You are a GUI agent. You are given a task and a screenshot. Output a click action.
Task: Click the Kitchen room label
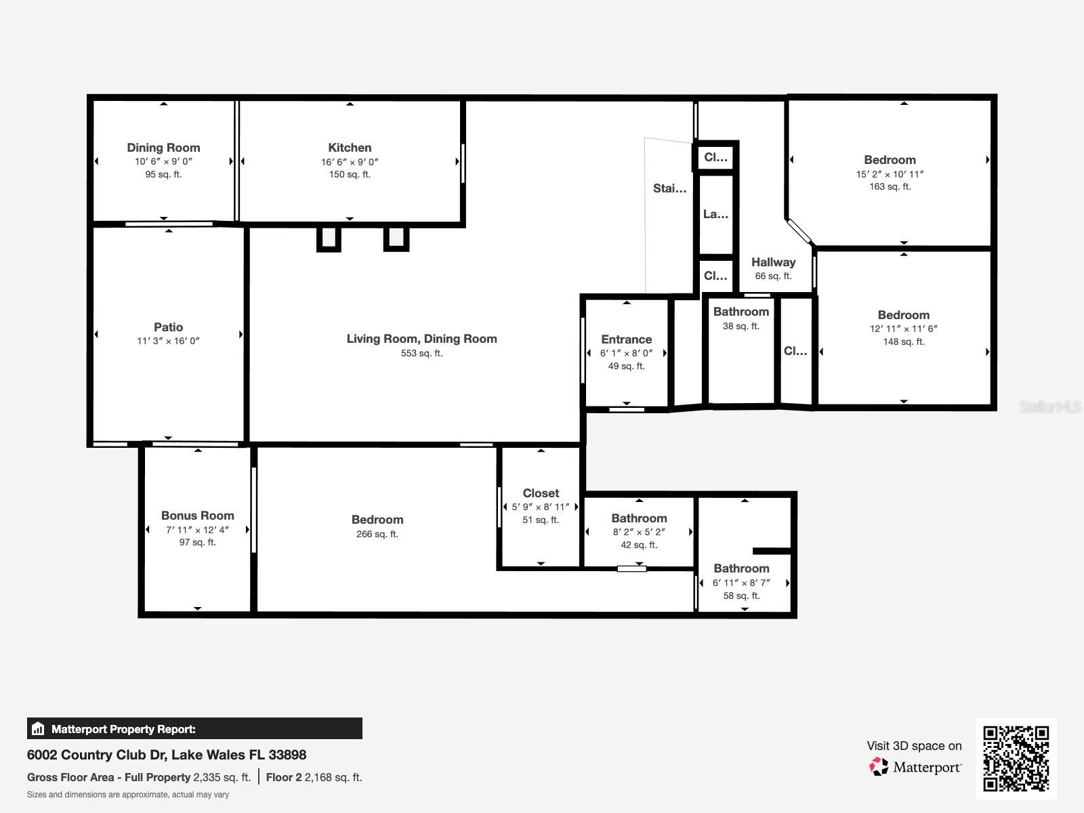[x=350, y=148]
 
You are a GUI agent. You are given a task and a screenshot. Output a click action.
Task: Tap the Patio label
[x=169, y=327]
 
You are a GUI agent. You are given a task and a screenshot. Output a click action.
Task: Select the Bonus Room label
[x=198, y=516]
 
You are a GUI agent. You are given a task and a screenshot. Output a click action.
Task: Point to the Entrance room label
[x=626, y=339]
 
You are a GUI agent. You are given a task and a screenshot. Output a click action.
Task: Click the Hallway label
[x=774, y=262]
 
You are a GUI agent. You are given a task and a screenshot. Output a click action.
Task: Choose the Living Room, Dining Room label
[x=422, y=339]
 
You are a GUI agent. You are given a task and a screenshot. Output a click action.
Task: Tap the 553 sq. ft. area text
[x=422, y=354]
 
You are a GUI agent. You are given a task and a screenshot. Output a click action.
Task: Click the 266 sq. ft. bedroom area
[x=377, y=534]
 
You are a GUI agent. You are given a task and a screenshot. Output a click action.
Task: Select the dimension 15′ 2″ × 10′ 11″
[x=890, y=174]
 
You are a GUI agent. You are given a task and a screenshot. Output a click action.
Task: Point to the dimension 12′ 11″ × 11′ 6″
[x=903, y=329]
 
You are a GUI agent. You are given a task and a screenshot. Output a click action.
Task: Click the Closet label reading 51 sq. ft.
[x=541, y=493]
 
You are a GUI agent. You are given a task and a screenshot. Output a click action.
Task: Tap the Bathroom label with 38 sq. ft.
[x=741, y=312]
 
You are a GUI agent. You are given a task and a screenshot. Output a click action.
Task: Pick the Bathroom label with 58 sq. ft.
[x=741, y=568]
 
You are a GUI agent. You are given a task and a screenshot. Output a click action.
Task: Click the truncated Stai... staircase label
[x=669, y=188]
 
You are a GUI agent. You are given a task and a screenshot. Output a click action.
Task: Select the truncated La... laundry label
[x=715, y=214]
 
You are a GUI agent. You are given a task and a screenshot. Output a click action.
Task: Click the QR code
[x=1016, y=759]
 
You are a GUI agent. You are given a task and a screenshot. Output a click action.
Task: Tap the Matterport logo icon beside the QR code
[x=879, y=767]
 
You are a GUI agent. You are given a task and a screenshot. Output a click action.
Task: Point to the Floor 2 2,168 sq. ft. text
[x=314, y=778]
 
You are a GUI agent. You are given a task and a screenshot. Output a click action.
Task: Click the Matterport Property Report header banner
[x=194, y=728]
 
